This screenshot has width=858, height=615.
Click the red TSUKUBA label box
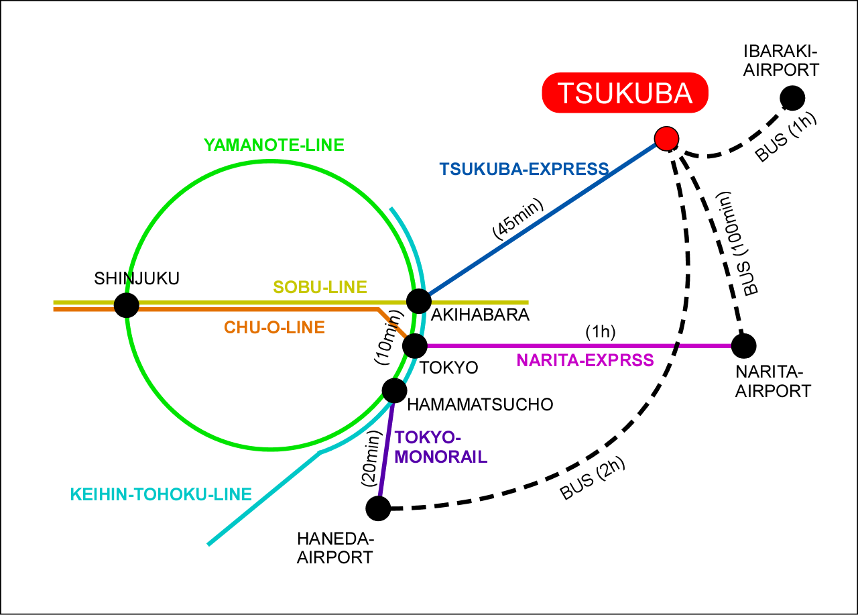625,93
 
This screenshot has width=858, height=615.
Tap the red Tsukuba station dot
666,138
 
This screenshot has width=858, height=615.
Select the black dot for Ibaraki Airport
792,98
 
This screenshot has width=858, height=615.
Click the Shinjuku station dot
126,305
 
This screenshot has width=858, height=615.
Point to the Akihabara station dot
418,301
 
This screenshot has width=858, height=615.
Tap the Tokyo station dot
415,345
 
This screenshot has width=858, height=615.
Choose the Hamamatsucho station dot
394,390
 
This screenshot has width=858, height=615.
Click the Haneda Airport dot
378,508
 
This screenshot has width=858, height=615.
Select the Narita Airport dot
743,345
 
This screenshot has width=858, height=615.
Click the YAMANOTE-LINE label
273,145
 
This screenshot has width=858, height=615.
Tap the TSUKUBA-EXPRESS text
524,168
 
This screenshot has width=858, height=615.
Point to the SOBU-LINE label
320,288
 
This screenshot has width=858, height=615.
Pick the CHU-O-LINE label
274,328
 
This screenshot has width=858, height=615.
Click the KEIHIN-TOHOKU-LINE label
161,495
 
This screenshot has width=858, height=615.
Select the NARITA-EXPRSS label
585,361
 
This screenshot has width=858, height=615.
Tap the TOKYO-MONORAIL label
440,448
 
